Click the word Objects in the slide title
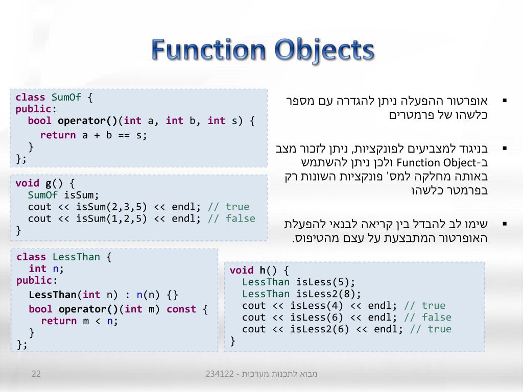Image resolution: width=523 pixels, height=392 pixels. click(x=323, y=51)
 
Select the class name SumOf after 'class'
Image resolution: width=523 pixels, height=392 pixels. click(x=66, y=97)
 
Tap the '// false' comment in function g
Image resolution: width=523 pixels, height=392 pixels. click(x=231, y=218)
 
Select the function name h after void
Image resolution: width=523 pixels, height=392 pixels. click(x=263, y=271)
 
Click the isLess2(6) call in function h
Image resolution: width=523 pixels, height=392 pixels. click(x=320, y=329)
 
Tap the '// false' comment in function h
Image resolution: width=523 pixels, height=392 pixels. click(x=427, y=317)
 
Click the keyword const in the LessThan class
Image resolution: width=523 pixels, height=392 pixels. click(x=181, y=309)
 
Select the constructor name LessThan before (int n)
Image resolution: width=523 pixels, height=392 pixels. click(x=53, y=295)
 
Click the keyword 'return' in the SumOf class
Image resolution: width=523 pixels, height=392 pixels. click(x=58, y=135)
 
